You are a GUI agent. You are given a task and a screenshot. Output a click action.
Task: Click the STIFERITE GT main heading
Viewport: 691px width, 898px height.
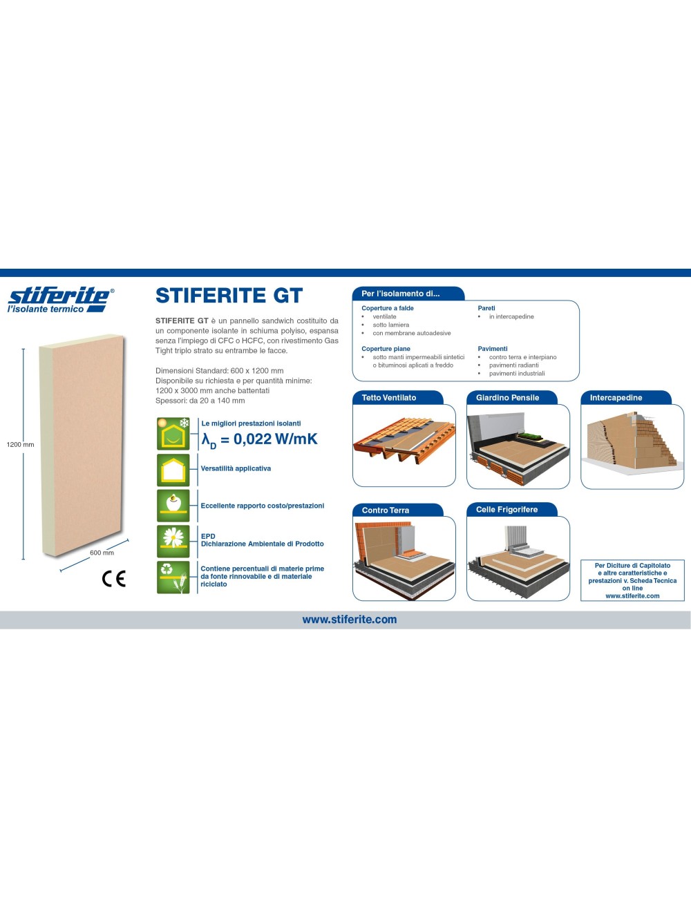coord(229,296)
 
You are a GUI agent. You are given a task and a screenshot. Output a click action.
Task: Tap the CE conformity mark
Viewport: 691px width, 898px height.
coord(114,578)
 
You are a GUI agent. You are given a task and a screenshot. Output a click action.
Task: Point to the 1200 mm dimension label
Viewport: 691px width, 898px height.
coord(20,444)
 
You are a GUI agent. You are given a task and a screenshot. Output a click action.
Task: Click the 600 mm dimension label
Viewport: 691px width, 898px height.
coord(102,553)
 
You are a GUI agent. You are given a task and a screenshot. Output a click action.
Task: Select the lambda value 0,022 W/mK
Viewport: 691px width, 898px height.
coord(260,439)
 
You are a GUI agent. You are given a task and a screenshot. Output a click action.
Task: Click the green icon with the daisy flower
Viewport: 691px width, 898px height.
coord(173,541)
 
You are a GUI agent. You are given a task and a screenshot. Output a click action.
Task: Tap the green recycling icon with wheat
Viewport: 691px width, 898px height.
coord(173,577)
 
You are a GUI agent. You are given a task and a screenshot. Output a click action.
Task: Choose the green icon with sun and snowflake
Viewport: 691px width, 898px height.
coord(173,433)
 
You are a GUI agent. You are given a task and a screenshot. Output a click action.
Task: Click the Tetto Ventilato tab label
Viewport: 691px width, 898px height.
coord(389,398)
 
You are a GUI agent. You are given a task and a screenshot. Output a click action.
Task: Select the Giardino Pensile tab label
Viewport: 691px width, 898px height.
coord(507,398)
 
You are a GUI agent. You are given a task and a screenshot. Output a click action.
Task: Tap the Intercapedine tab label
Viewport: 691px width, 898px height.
coord(616,398)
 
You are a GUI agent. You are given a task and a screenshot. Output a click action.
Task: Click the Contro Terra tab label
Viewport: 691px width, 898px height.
coord(386,510)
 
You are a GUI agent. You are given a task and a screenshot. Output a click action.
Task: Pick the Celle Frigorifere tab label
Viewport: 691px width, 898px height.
coord(507,510)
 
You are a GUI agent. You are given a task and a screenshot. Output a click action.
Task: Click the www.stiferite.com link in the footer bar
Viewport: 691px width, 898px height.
coord(350,620)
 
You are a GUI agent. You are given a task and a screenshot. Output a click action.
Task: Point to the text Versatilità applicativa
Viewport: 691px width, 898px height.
coord(236,468)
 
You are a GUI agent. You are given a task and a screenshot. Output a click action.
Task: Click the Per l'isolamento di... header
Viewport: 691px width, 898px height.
coord(401,294)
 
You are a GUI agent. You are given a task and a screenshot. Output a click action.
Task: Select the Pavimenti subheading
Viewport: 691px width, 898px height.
coord(493,349)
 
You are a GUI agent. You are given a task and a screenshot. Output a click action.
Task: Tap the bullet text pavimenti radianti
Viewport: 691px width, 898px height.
coord(513,365)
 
